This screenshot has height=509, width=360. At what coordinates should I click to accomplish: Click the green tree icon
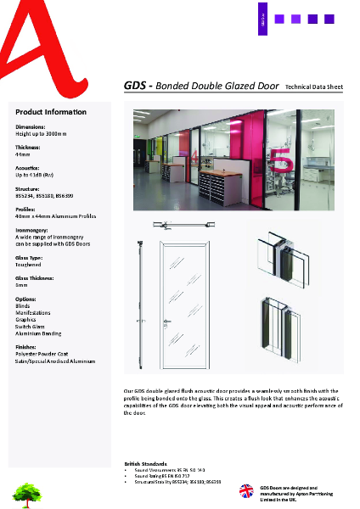tap(27, 491)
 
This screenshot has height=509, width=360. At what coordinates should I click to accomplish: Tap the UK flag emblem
tap(246, 491)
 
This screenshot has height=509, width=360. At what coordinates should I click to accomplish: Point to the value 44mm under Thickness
tap(23, 156)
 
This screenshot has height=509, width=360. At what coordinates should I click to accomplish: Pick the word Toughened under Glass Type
tap(29, 265)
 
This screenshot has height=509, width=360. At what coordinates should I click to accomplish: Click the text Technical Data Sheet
tap(314, 87)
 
